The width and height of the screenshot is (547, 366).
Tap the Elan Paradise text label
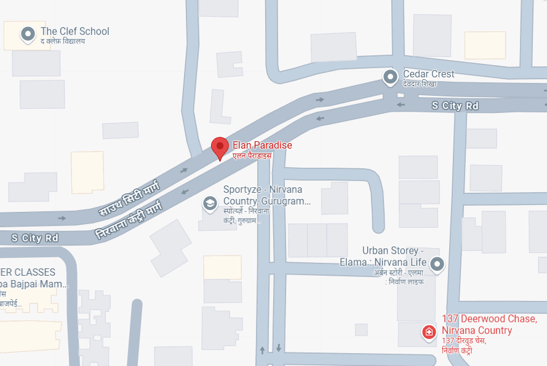coord(262,146)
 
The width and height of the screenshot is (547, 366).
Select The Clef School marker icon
coord(28,34)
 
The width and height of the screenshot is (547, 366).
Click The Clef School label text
coord(74,31)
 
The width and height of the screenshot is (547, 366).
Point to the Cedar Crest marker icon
coord(390,77)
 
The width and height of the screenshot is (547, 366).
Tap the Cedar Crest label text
coord(428,74)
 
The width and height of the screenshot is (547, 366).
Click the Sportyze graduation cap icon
coord(210,203)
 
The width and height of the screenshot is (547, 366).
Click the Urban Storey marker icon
coord(437,264)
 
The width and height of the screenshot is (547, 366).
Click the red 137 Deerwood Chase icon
coord(429,333)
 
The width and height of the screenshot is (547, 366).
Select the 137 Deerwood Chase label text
coord(489,324)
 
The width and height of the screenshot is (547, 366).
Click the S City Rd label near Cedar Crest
coord(455,106)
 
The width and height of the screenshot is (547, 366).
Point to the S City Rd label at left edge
coord(34,237)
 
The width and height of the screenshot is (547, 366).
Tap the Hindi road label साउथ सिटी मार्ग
coord(129,197)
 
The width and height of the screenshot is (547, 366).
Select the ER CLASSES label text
coord(28,272)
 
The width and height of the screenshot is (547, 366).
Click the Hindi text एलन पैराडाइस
coord(252,156)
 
